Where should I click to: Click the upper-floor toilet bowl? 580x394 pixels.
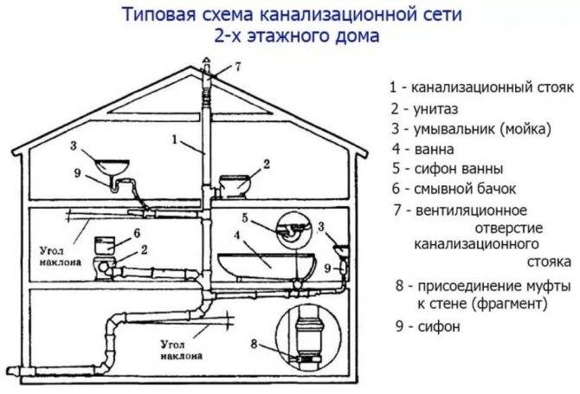pyautogui.click(x=235, y=186)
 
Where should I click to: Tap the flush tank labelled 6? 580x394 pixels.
pyautogui.click(x=106, y=245)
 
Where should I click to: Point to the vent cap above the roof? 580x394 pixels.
pyautogui.click(x=206, y=62)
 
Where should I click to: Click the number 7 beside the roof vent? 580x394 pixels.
pyautogui.click(x=237, y=67)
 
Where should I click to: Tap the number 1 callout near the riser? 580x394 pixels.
pyautogui.click(x=175, y=139)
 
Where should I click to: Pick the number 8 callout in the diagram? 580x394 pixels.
pyautogui.click(x=254, y=344)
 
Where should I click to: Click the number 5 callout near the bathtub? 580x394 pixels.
pyautogui.click(x=245, y=218)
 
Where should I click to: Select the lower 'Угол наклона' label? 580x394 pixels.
pyautogui.click(x=181, y=351)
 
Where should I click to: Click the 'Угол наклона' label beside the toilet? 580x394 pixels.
pyautogui.click(x=61, y=256)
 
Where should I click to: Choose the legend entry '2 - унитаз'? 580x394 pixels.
pyautogui.click(x=425, y=109)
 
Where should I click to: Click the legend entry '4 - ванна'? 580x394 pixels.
pyautogui.click(x=422, y=149)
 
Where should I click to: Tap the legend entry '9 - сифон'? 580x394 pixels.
pyautogui.click(x=428, y=326)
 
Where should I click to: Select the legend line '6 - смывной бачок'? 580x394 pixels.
pyautogui.click(x=454, y=189)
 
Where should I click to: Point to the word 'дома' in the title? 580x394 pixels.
pyautogui.click(x=358, y=36)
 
